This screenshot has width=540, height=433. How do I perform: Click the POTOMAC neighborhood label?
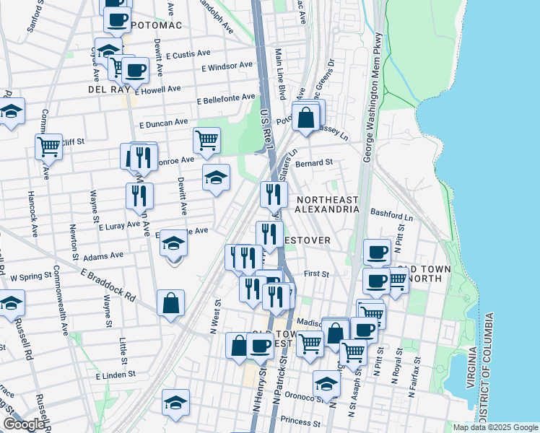pos(155,25)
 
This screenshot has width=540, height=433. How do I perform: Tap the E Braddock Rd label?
pos(108,285)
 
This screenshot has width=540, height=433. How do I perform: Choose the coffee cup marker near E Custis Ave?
pos(135,71)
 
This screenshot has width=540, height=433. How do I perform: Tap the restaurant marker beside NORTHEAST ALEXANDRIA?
pos(274,193)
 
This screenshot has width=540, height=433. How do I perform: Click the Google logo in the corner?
pos(24,424)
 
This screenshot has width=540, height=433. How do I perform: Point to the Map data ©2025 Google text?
pos(495,427)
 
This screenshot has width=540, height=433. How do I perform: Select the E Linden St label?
pos(116,376)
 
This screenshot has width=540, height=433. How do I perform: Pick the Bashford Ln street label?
pos(391,216)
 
